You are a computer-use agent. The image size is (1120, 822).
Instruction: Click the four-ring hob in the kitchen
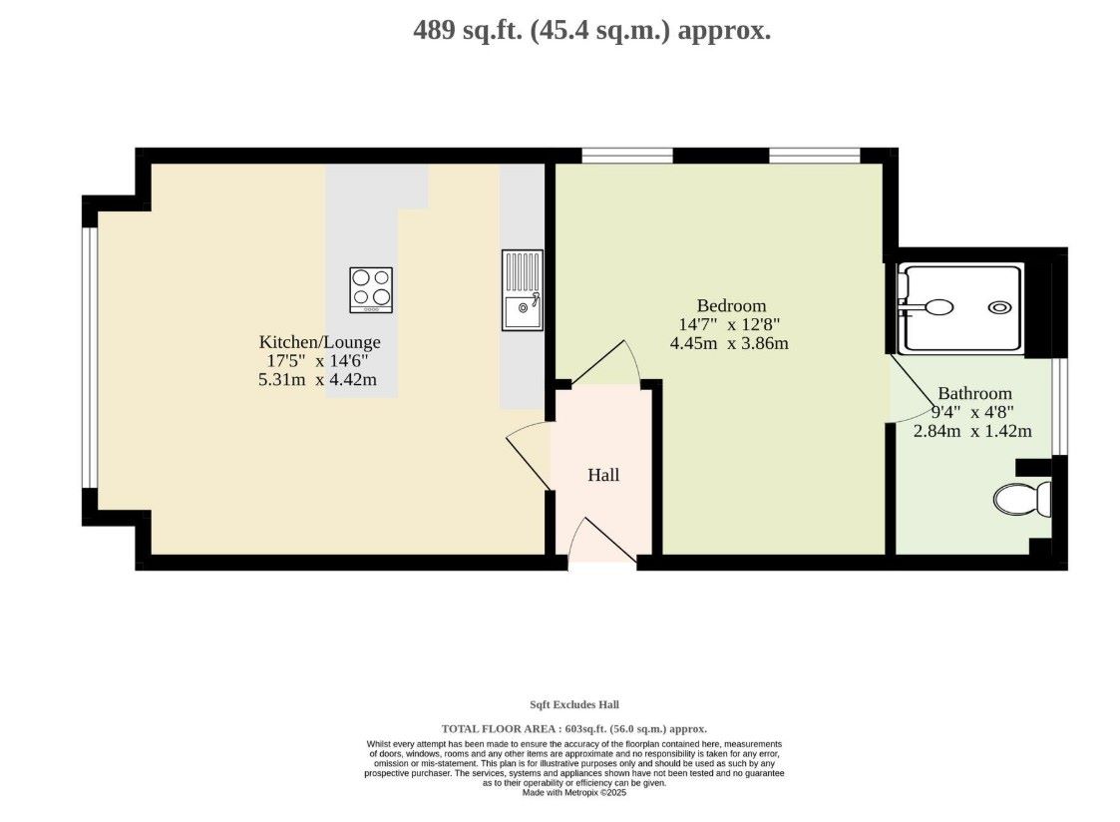[371, 290]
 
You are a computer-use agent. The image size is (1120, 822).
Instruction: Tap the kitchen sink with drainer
[523, 290]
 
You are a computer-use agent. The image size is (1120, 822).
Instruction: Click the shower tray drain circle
[999, 307]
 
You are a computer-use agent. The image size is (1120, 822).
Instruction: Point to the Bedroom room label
[731, 305]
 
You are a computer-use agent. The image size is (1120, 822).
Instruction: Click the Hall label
[602, 475]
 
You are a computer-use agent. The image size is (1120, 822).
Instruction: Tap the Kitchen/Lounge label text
[319, 342]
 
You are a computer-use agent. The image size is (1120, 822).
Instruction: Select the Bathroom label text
[974, 393]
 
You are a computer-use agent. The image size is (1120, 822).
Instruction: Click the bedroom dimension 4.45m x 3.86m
[729, 343]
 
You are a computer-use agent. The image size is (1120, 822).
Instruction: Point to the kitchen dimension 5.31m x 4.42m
[317, 380]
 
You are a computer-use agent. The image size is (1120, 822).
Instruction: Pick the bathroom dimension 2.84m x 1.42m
[972, 431]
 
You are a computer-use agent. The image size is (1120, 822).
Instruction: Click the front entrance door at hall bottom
[601, 541]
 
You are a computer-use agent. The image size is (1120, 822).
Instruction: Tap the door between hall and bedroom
[605, 363]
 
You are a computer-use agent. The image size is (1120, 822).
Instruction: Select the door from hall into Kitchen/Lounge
[529, 455]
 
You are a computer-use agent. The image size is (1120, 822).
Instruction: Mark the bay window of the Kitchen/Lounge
[90, 357]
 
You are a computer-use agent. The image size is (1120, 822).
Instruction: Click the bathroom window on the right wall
[1060, 406]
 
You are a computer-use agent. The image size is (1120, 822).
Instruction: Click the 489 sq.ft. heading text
[592, 31]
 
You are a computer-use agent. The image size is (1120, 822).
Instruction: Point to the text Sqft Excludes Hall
[574, 705]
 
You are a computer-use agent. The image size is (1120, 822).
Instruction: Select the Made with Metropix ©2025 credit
[574, 793]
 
